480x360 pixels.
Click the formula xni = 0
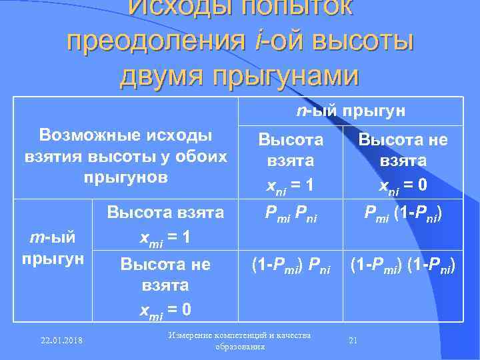click(403, 187)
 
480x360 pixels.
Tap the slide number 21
click(353, 341)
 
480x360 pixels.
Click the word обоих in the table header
click(199, 157)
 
